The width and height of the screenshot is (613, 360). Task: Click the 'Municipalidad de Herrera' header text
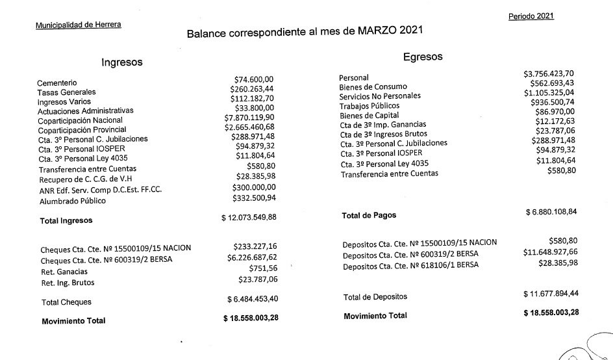click(x=79, y=25)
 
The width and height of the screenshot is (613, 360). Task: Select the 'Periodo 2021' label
click(x=531, y=16)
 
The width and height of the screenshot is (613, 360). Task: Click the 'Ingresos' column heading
click(x=122, y=62)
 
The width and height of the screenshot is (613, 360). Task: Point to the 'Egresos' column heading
click(x=423, y=57)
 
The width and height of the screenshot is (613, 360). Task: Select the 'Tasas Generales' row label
click(x=66, y=92)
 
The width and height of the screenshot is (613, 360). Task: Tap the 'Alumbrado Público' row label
click(x=72, y=201)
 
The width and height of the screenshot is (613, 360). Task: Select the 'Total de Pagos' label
click(x=368, y=215)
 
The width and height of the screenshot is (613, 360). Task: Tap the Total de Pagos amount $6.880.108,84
click(x=551, y=212)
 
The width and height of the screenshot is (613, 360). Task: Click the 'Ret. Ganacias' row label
click(x=65, y=272)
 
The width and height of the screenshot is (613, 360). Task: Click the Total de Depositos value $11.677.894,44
click(x=551, y=293)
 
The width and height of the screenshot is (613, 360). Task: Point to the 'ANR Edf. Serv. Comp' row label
click(x=95, y=191)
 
